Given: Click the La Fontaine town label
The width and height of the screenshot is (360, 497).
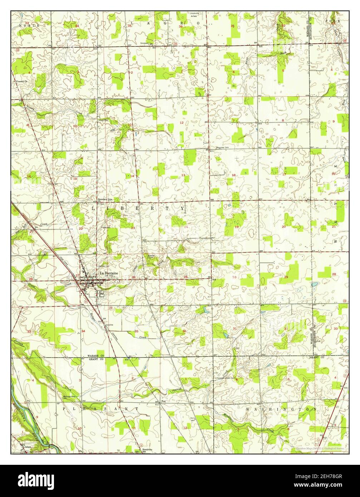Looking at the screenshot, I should tap(108, 273).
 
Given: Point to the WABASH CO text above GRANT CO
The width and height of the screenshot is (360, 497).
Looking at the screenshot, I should tap(95, 356).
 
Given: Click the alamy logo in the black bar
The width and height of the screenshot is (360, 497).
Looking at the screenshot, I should tap(37, 479).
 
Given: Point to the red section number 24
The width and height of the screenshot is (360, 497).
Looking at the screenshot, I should tap(186, 227).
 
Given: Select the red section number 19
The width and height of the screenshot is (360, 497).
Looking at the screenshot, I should tap(236, 227).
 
